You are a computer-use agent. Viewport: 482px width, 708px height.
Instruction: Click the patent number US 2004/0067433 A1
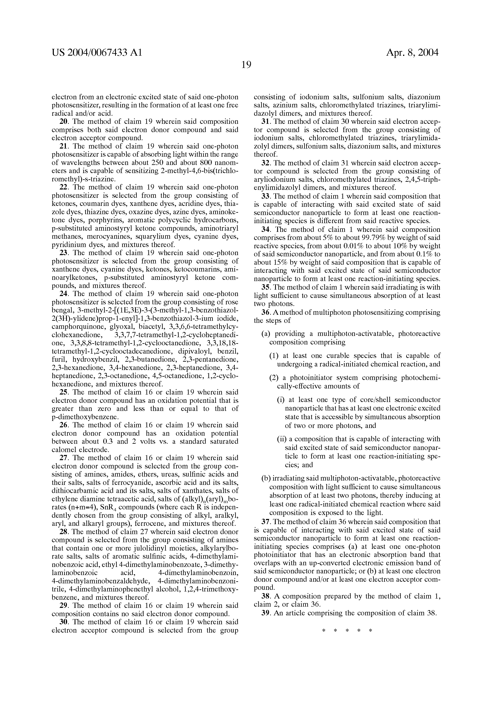(97, 53)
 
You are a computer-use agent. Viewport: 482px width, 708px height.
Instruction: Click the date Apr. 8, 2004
(412, 53)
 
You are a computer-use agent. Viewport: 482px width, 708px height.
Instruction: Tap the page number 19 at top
(246, 65)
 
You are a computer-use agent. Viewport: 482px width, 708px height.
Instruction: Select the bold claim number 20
(63, 122)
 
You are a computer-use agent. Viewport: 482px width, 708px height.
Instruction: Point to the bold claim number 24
(63, 294)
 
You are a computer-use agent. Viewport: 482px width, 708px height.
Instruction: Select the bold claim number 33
(265, 196)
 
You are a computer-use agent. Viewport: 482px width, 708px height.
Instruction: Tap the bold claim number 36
(265, 313)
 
